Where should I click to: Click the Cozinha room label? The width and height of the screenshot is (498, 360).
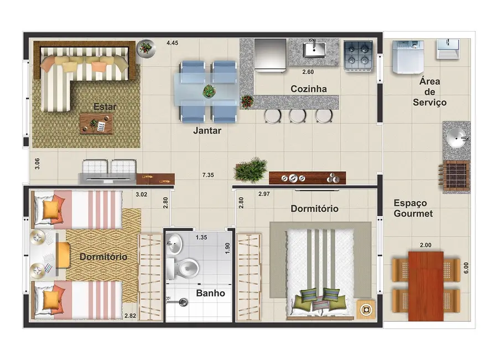pos(309,89)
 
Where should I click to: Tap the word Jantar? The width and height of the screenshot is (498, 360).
pos(207,131)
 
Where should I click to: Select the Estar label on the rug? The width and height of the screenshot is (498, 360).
pos(105,106)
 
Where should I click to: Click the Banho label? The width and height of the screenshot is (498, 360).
pos(211,293)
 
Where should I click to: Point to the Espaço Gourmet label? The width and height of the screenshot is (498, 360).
pos(413,208)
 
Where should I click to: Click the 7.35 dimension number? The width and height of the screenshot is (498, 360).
pos(208,175)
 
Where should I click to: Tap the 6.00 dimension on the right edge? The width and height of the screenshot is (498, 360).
pos(466,268)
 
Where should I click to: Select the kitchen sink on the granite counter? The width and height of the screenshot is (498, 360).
pos(316,49)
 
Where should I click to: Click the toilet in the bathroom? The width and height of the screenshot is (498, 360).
pos(186,268)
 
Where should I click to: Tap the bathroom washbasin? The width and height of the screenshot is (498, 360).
pos(175,242)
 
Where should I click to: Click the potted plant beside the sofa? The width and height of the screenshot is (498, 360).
pos(146,48)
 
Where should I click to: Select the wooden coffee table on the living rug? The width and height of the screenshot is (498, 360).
pos(96,124)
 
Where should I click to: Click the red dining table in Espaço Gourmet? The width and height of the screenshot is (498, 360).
pos(426,285)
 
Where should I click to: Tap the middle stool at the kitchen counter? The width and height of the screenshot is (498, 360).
pos(298,115)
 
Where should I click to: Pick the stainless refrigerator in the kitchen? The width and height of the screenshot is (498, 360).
pos(270,55)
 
